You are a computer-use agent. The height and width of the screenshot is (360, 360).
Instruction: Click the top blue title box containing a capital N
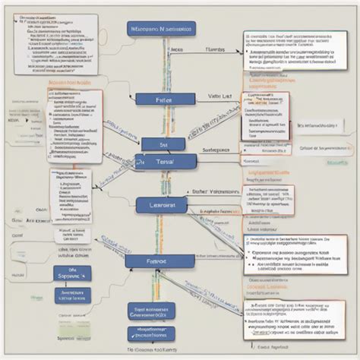pyautogui.click(x=161, y=29)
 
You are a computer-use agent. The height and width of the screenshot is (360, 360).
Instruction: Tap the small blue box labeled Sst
pyautogui.click(x=163, y=143)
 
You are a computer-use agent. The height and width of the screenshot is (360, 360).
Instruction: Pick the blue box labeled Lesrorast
pyautogui.click(x=162, y=205)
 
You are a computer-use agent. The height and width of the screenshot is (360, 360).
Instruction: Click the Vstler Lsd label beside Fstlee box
pyautogui.click(x=220, y=97)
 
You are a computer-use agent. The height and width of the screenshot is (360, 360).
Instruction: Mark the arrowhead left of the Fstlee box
pyautogui.click(x=131, y=99)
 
